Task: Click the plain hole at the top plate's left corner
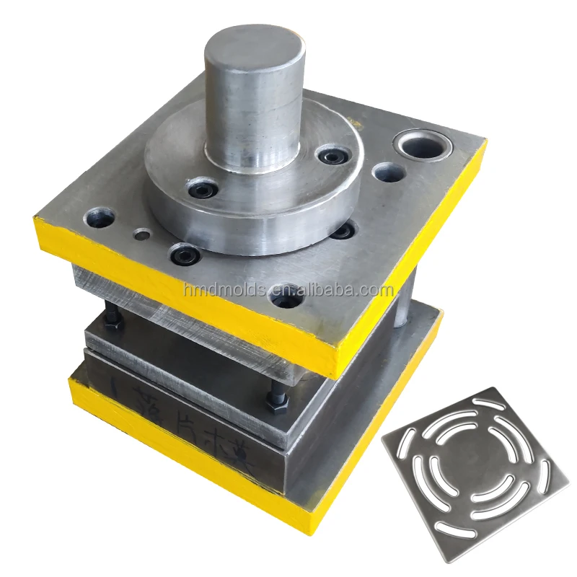pos(96,216)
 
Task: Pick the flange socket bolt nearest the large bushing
pos(331,155)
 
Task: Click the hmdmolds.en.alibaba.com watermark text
pos(288,291)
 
